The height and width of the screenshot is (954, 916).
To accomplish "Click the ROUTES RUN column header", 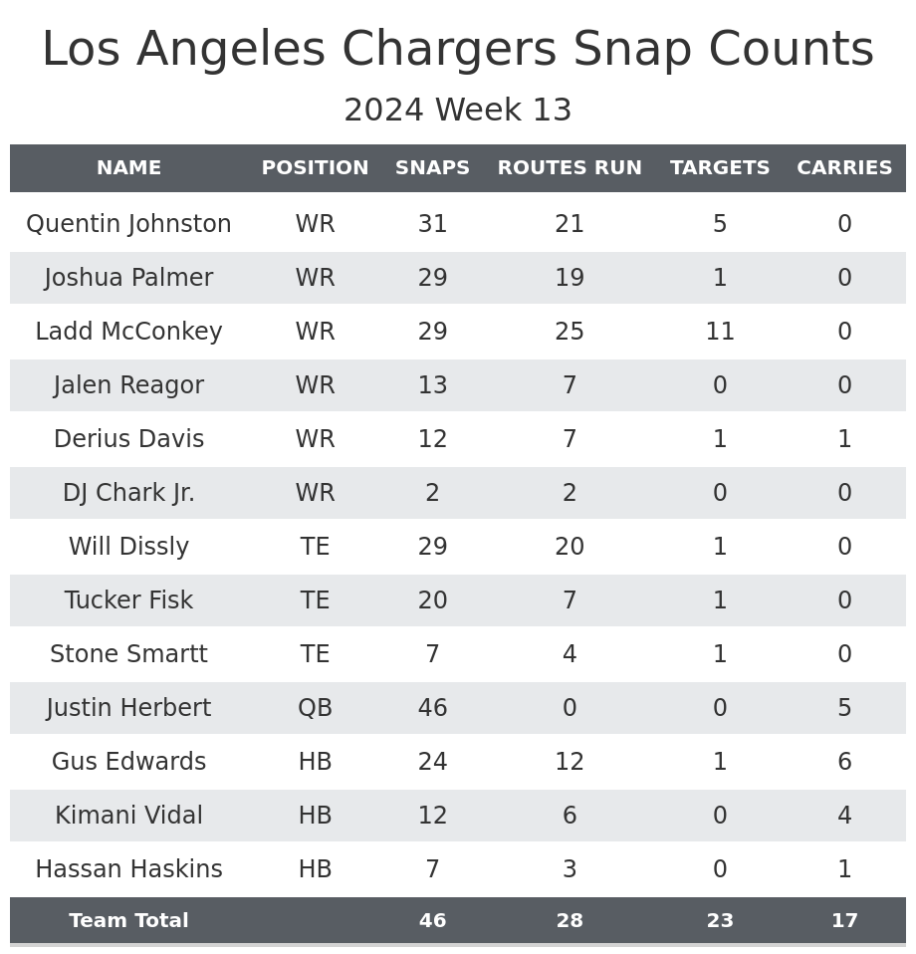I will (570, 168).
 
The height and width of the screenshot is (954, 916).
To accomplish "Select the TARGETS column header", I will (720, 168).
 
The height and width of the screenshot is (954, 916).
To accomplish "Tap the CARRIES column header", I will (844, 168).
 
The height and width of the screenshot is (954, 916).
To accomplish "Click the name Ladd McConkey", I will (128, 332).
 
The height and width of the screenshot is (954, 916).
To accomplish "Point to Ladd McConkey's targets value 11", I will (720, 332).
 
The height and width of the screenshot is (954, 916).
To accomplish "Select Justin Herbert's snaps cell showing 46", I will (432, 708).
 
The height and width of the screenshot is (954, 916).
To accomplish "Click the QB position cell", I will (315, 708).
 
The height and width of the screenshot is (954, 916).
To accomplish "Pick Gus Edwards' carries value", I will (844, 762).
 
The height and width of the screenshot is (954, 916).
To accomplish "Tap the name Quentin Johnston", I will (128, 224).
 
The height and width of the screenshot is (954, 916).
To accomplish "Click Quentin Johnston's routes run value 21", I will (570, 224).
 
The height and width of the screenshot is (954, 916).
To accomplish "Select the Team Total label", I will (128, 921).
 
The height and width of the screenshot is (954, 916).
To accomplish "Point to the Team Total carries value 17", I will (844, 921).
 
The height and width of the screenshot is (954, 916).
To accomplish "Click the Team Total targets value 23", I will (720, 921).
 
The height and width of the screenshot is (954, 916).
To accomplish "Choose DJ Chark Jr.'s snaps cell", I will (432, 493).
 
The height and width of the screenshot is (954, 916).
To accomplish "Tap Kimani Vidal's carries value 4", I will (844, 816).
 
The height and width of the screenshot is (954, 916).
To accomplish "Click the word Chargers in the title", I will (451, 50).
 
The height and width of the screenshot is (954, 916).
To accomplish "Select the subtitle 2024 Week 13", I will (458, 111).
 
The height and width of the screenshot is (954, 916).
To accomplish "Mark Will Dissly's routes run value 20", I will (570, 547).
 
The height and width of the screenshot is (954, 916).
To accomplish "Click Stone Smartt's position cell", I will (315, 654).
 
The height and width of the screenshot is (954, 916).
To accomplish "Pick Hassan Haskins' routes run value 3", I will (570, 869).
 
